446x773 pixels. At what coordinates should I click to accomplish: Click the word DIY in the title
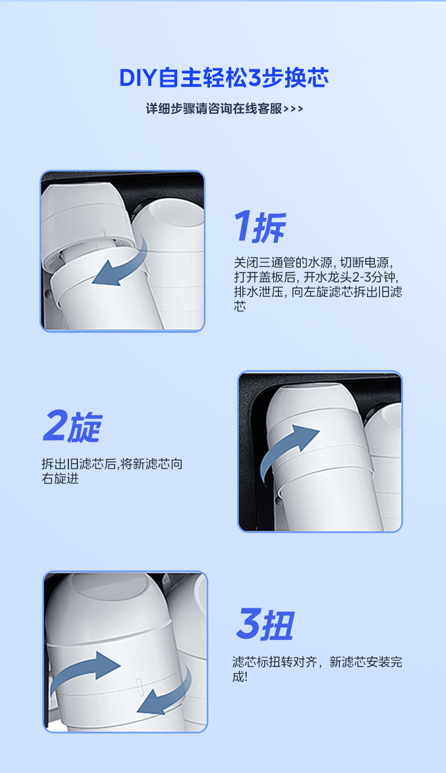[x=138, y=78]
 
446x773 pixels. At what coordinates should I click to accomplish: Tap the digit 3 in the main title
[x=254, y=78]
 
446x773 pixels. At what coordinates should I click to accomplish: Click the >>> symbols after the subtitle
[x=293, y=109]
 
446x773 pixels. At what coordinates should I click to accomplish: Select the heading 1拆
[x=260, y=227]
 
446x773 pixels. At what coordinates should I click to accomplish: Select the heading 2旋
[x=72, y=427]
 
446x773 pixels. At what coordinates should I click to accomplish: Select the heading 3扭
[x=265, y=624]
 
